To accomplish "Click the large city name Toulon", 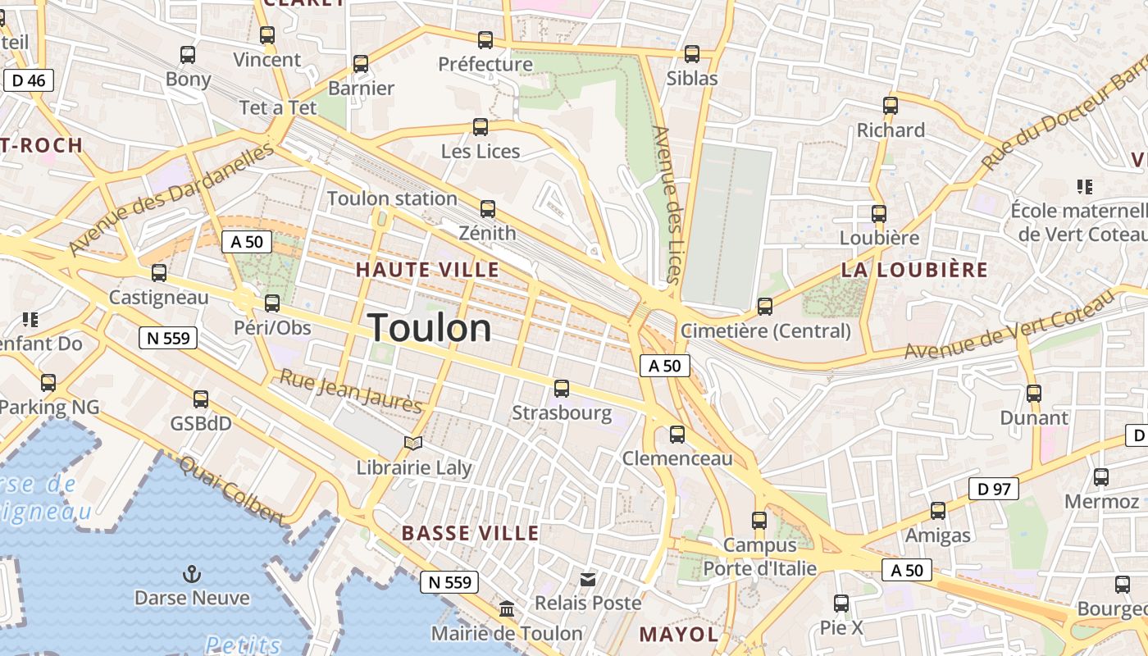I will coord(430,328).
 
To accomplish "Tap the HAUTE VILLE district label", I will coord(427,270).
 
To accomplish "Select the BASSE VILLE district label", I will coord(470,533).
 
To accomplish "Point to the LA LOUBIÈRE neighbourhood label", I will coord(914,270).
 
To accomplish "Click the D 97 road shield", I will coord(993,490).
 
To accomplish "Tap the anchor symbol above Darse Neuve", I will coord(192,574).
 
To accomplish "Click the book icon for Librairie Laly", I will coord(414,444).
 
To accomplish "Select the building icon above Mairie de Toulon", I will coord(507,609).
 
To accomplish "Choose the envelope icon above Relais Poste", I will coord(588,580).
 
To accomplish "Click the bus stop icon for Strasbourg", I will coord(562,389).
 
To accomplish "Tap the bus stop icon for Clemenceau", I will coord(677,435).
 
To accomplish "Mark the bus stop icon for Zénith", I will coord(488,209).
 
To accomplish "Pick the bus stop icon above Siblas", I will coord(692,54).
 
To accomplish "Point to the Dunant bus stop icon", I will coord(1034,394).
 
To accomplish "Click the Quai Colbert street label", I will coord(231,490).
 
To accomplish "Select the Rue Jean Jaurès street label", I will coord(351,390).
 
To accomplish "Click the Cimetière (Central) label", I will coord(766,331).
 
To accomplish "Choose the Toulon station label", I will coord(392,198).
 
